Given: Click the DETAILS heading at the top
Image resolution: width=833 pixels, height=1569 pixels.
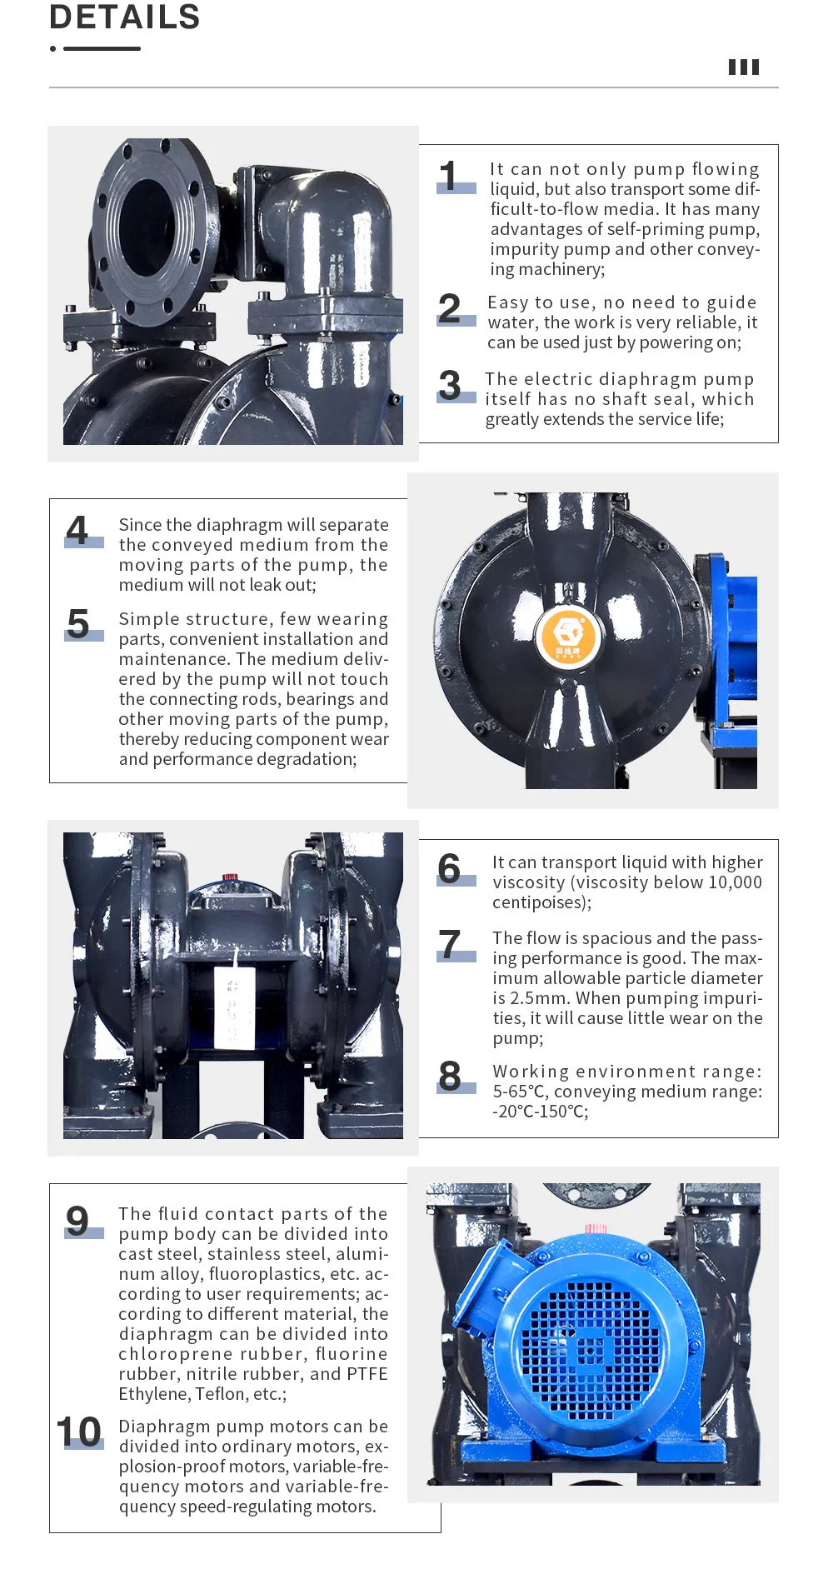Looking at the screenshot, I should click(x=125, y=17).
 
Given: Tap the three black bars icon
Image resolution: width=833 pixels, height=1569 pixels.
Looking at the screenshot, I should click(x=744, y=67).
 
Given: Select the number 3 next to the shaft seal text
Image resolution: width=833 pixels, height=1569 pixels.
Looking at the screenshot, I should click(x=450, y=385).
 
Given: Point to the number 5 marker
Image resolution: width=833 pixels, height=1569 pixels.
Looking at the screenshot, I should click(x=78, y=624).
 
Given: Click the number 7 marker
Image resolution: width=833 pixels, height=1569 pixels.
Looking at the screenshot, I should click(x=450, y=945).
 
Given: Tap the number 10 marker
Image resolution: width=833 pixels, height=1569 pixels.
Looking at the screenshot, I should click(x=79, y=1432).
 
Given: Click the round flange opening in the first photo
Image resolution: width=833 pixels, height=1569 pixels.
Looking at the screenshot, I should click(x=147, y=226).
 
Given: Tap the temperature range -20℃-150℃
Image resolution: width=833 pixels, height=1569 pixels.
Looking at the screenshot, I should click(x=540, y=1112).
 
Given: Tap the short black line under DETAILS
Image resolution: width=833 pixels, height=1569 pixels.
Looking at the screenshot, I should click(x=102, y=49).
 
